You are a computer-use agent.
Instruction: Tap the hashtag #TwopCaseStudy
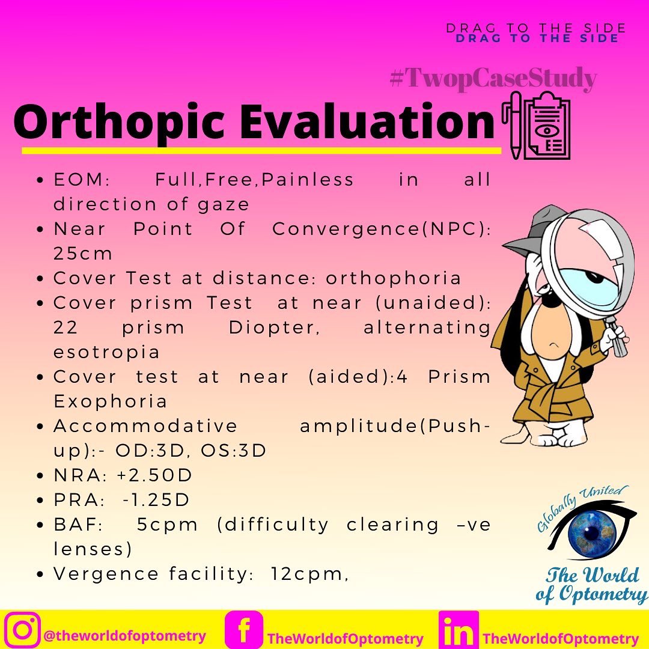click(x=493, y=79)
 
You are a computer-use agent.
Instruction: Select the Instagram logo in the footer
click(x=22, y=629)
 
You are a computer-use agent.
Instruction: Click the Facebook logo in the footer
click(x=244, y=630)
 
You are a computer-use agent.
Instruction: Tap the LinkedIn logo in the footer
click(x=459, y=630)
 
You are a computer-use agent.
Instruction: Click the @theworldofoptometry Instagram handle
click(x=124, y=636)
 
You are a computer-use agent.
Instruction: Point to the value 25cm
click(x=83, y=254)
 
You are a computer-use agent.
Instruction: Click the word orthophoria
click(x=394, y=278)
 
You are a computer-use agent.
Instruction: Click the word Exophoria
click(x=110, y=401)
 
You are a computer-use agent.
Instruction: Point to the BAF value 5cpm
click(x=167, y=524)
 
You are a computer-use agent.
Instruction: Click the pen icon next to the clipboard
click(x=516, y=126)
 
